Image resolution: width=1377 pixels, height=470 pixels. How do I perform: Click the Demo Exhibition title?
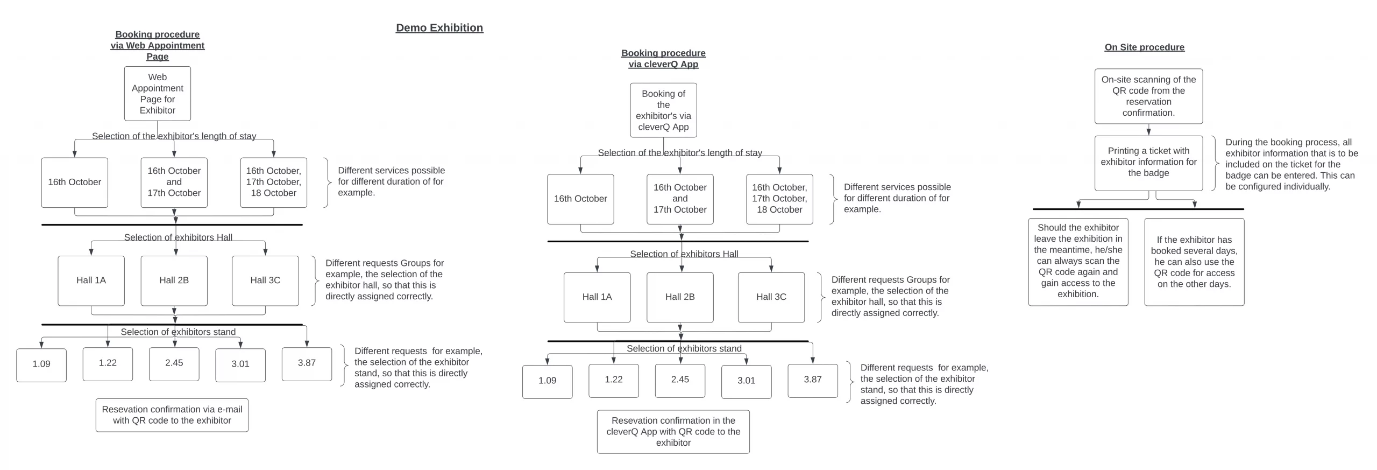point(439,28)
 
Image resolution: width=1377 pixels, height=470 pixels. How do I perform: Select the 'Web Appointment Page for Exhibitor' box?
point(158,94)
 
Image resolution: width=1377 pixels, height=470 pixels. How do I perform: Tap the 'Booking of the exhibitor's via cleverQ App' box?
point(663,110)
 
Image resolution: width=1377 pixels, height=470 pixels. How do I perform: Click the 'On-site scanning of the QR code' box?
point(1148,96)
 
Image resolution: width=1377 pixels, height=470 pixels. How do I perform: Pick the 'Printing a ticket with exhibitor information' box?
point(1148,163)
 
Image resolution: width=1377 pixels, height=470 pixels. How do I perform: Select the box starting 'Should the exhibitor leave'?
point(1078,262)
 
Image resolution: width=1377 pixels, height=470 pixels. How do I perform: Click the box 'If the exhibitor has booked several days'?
point(1194,262)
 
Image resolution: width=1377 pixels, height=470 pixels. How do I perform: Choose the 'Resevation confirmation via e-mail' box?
point(172,415)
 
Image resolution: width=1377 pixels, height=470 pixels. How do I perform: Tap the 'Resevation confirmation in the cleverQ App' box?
point(673,432)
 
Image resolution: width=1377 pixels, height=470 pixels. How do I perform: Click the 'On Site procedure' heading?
point(1144,47)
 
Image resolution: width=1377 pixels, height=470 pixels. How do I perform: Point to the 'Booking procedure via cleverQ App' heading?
point(663,59)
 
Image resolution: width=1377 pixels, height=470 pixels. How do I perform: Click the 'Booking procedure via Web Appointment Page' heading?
point(158,46)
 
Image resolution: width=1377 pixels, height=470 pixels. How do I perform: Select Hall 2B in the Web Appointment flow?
point(174,280)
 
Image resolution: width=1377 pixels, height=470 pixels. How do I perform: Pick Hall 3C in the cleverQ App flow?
point(771,297)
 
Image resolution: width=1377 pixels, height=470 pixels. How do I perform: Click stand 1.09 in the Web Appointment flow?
point(41,365)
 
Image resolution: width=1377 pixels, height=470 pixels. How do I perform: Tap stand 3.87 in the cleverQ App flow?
point(813,381)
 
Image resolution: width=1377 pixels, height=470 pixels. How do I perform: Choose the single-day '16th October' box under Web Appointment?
point(75,183)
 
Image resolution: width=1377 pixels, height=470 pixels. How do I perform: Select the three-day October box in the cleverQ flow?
point(779,199)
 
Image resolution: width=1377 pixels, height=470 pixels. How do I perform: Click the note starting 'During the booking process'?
point(1291,164)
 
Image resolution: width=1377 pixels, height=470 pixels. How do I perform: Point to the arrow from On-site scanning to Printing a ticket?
point(1148,130)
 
